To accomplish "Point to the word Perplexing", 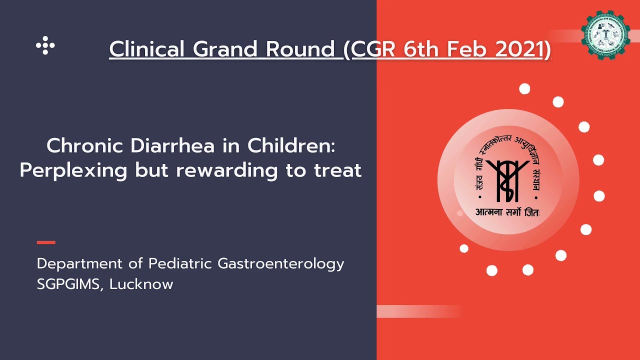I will tap(73, 170).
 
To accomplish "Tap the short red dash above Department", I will tap(46, 242).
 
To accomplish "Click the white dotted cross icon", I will tap(45, 45).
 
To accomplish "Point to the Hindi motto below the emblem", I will tap(507, 212).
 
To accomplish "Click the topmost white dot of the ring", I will tap(524, 89).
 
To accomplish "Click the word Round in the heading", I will tap(300, 49).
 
